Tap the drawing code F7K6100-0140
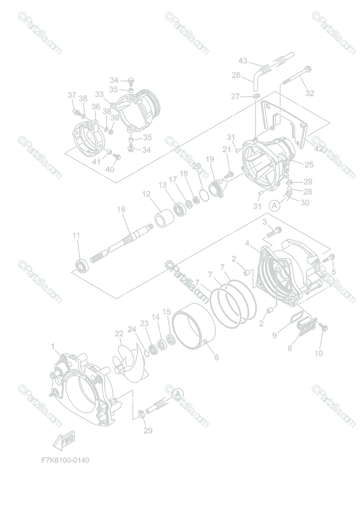pyautogui.click(x=65, y=460)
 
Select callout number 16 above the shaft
pyautogui.click(x=121, y=209)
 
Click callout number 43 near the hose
pyautogui.click(x=243, y=61)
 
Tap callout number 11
pyautogui.click(x=76, y=235)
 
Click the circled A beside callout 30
pyautogui.click(x=275, y=205)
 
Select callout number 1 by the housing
pyautogui.click(x=53, y=347)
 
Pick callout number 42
pyautogui.click(x=318, y=149)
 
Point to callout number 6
pyautogui.click(x=217, y=357)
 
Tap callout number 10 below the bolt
pyautogui.click(x=319, y=352)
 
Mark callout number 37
pyautogui.click(x=72, y=95)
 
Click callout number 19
pyautogui.click(x=210, y=159)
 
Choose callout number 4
pyautogui.click(x=247, y=243)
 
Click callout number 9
pyautogui.click(x=275, y=335)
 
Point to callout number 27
pyautogui.click(x=236, y=97)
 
